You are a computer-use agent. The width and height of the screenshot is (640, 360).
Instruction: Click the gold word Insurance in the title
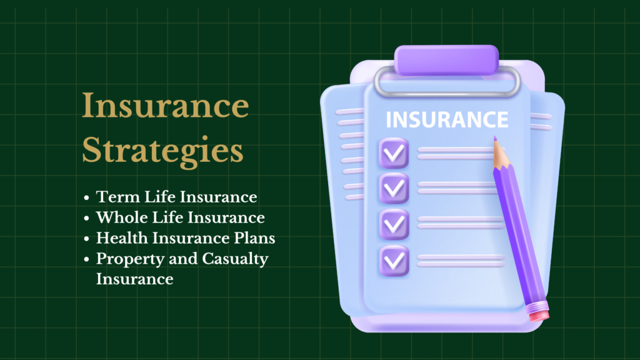click(x=165, y=105)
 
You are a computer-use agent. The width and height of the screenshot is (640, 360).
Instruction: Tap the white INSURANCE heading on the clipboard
click(x=447, y=119)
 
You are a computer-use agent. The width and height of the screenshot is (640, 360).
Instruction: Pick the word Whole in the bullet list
click(x=122, y=217)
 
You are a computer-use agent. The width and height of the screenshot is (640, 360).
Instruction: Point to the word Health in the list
click(x=122, y=238)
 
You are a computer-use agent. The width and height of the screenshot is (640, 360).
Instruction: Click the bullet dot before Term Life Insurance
click(x=86, y=198)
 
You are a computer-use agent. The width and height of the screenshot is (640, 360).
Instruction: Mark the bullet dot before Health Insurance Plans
click(x=86, y=239)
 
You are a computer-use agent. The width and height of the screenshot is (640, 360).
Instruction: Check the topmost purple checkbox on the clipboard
click(x=394, y=153)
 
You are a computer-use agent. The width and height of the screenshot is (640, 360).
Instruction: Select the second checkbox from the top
click(x=394, y=188)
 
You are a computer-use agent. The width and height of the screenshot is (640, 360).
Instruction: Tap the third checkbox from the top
click(x=394, y=224)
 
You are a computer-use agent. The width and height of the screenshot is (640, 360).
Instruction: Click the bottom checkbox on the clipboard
click(x=394, y=261)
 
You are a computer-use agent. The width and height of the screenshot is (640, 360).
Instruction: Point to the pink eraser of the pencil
click(x=538, y=312)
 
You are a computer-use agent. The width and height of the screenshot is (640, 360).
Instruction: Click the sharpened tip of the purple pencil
click(x=495, y=138)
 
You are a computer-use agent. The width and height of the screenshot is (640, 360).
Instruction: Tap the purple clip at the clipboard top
click(x=446, y=60)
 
